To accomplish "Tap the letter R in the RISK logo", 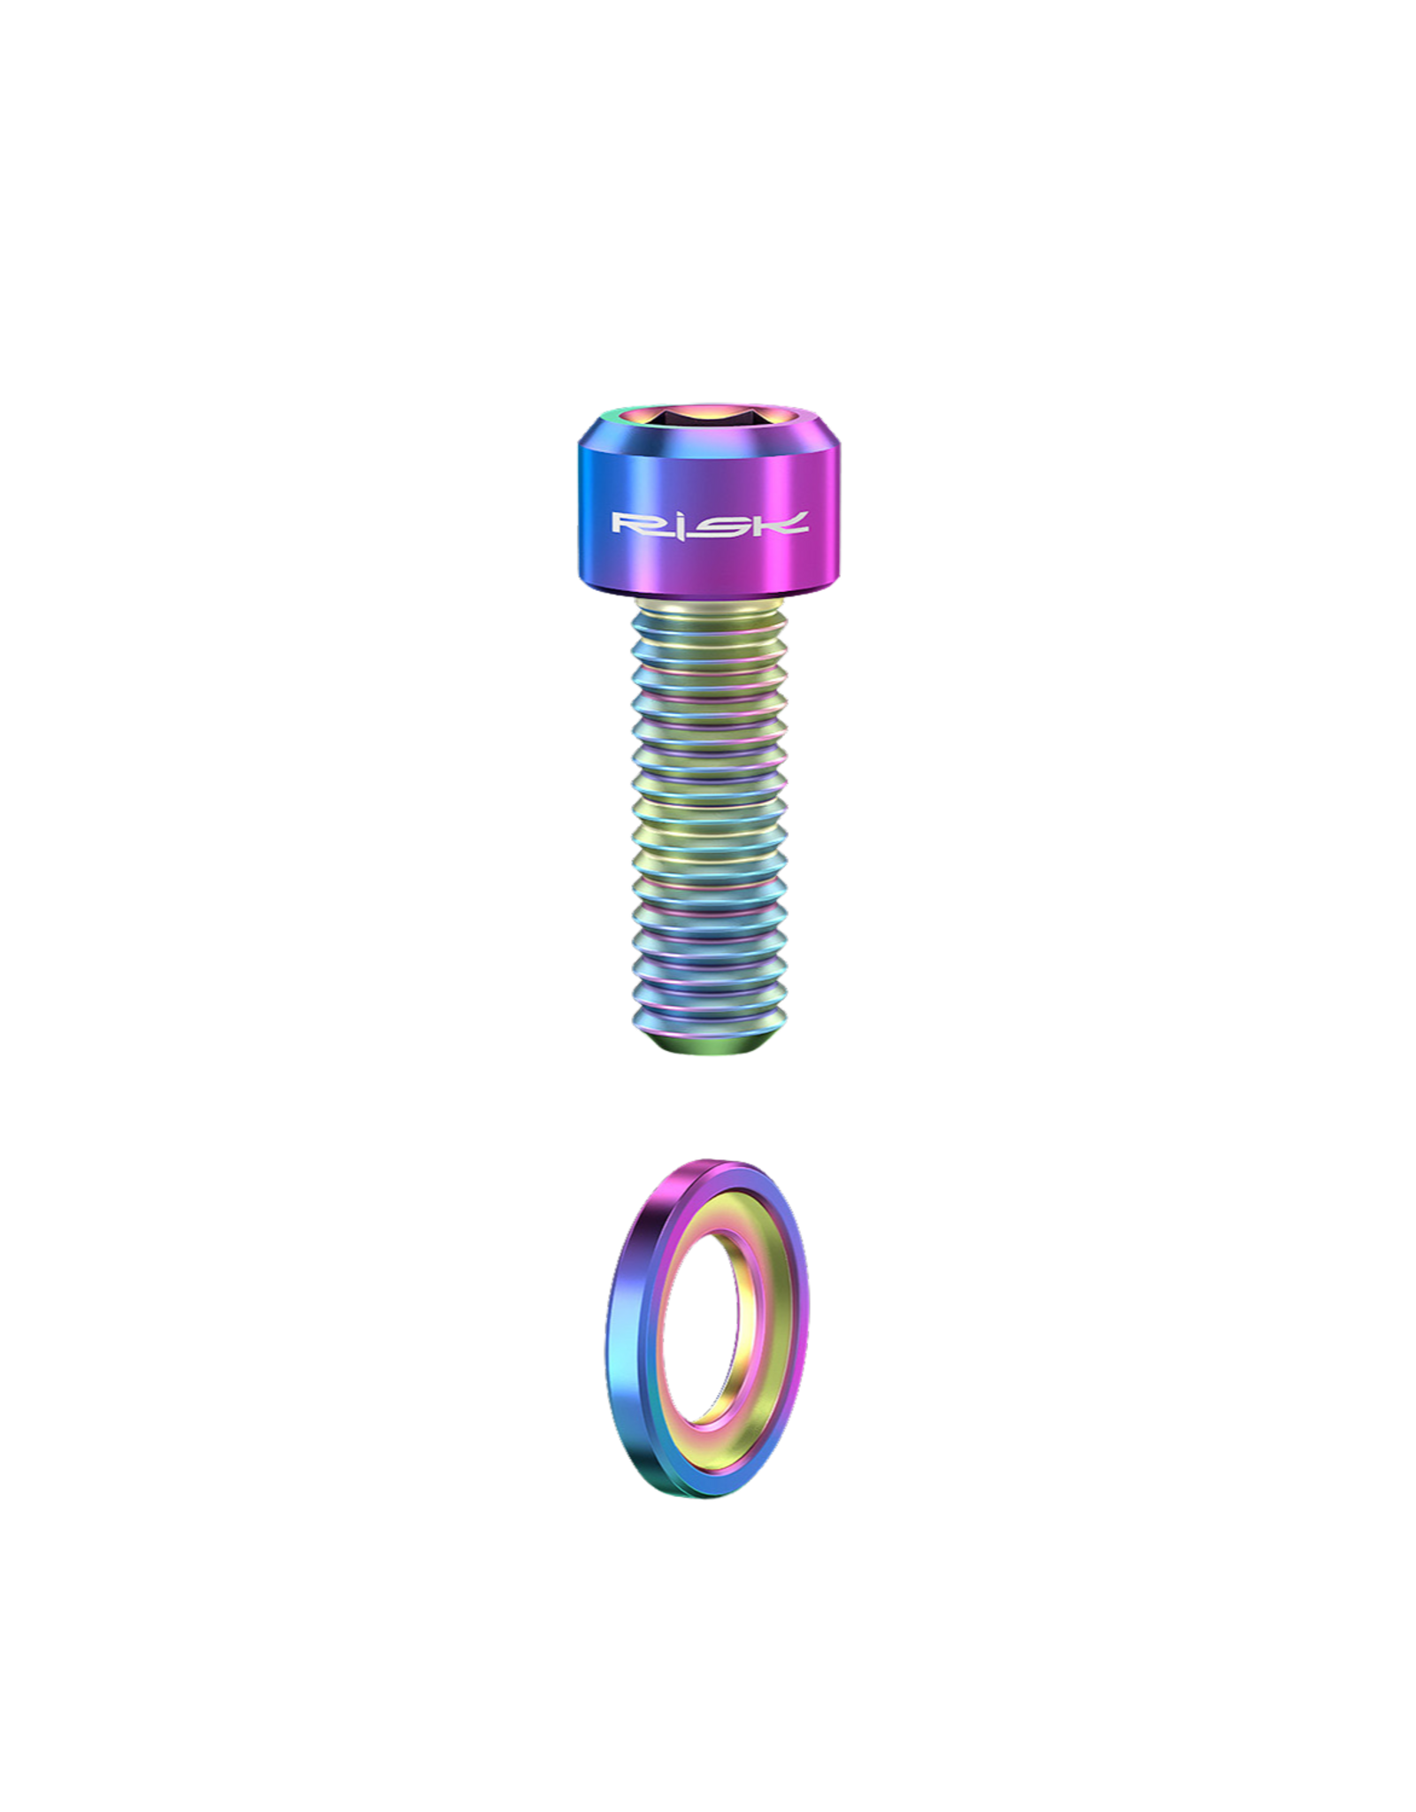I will click(x=635, y=524).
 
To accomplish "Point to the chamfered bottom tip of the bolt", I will click(x=708, y=1046).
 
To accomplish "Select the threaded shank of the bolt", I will click(x=708, y=823).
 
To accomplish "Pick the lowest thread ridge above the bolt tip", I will click(x=708, y=1017).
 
